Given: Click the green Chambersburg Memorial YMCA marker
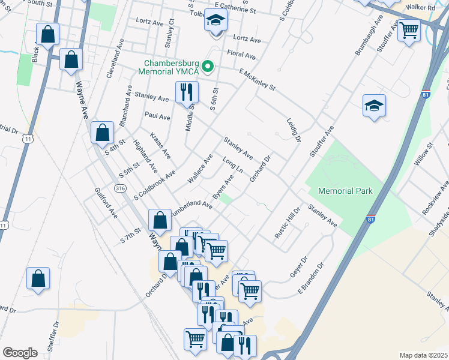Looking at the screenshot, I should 208,66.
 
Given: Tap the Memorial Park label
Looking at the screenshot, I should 345,191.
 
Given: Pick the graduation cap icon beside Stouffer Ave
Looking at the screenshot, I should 374,106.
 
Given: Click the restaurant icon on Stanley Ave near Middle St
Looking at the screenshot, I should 185,92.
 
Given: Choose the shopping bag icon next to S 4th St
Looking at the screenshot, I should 103,133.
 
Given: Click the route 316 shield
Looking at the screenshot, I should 121,188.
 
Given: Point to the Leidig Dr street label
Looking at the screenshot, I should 293,130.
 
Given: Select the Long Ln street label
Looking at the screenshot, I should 232,166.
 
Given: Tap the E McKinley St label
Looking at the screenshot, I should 256,80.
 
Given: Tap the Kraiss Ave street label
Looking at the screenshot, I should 160,146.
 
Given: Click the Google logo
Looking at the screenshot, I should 20,353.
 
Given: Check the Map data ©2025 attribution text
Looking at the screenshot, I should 423,355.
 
